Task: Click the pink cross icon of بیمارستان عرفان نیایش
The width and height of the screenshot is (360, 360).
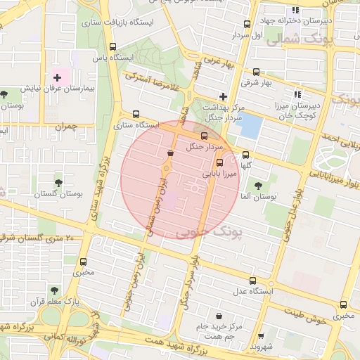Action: point(57,76)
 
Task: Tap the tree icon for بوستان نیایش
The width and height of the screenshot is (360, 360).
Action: point(5,93)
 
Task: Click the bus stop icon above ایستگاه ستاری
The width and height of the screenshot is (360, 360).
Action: point(136,114)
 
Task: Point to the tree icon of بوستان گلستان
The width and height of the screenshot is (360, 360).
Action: point(58,182)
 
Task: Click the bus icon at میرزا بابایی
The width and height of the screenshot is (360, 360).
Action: point(220,162)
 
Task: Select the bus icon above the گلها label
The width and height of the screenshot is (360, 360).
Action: point(245,155)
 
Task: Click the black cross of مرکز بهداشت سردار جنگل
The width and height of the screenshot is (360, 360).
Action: point(224,96)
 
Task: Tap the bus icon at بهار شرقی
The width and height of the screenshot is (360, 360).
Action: point(255,72)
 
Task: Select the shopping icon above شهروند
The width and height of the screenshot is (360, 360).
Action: point(262,336)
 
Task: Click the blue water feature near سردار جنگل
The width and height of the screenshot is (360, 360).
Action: point(250,126)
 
